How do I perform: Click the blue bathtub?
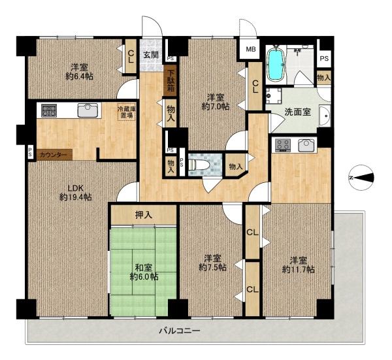pos(276,64)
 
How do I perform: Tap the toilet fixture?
pos(199,165)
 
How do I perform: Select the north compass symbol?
pos(362,178)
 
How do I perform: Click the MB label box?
pos(251,49)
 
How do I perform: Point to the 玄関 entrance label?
pos(151,54)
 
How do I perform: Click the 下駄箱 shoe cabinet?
pos(171,80)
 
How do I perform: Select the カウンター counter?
pos(55,155)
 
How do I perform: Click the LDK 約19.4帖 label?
pos(76,193)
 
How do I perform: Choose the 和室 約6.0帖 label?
pos(144,272)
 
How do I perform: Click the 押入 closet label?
pos(144,215)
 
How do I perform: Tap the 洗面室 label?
pos(298,112)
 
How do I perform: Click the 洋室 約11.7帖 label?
pos(299,265)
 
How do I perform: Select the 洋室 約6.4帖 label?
pos(79,72)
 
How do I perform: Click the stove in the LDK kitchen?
pos(49,110)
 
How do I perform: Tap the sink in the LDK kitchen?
pos(88,110)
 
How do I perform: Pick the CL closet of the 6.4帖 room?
pos(131,56)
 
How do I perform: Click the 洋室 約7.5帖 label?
pos(212,263)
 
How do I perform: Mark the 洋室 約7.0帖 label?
pos(216,102)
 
